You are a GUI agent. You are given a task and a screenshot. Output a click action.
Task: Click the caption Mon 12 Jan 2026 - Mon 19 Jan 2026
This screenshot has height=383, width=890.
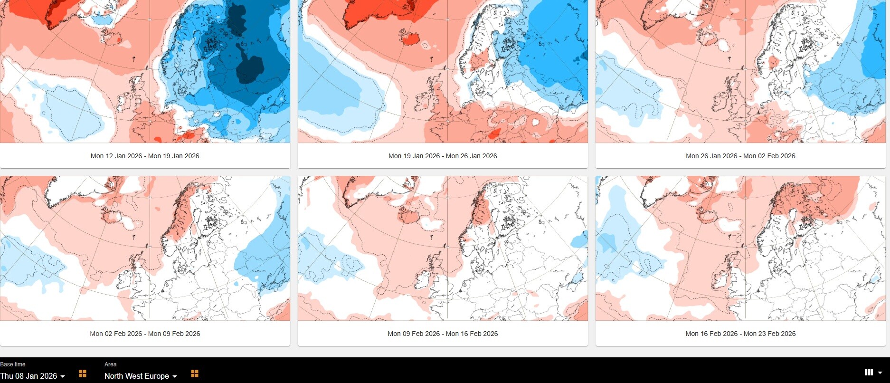tap(145, 156)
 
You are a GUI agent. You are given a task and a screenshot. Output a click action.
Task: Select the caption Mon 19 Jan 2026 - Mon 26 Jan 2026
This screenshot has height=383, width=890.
tap(443, 156)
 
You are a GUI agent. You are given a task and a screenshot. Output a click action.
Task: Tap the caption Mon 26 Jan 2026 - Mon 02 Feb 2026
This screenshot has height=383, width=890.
tap(740, 156)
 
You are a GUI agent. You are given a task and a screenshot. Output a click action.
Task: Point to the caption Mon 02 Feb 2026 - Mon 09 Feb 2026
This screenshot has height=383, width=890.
tap(145, 334)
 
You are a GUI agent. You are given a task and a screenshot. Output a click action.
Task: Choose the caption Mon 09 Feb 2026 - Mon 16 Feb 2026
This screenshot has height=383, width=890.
tap(443, 334)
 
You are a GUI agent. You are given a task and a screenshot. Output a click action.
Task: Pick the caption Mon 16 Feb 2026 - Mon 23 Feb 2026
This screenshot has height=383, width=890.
tap(740, 334)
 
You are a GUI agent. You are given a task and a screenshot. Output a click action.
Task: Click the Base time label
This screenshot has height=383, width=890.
tap(13, 364)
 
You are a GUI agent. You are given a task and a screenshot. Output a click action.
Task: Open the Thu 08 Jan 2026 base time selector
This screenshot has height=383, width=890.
tap(28, 376)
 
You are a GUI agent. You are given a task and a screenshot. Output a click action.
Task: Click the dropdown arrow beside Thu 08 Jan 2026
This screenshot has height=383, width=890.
tap(63, 376)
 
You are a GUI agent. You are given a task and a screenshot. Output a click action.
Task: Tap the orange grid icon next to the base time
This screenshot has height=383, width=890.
tap(83, 373)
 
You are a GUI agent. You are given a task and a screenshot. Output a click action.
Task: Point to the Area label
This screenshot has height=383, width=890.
tap(110, 364)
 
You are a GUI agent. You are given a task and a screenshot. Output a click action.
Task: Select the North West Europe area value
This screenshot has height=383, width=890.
tap(137, 376)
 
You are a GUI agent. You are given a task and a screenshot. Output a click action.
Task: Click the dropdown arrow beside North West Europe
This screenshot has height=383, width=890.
tap(175, 376)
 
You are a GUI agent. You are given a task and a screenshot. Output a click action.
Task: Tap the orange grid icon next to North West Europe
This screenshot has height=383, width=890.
tap(195, 373)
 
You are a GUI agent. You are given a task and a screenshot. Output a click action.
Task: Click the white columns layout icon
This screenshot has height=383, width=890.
tap(869, 373)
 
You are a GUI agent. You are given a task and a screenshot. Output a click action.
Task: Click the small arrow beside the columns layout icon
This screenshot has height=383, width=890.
tap(880, 373)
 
